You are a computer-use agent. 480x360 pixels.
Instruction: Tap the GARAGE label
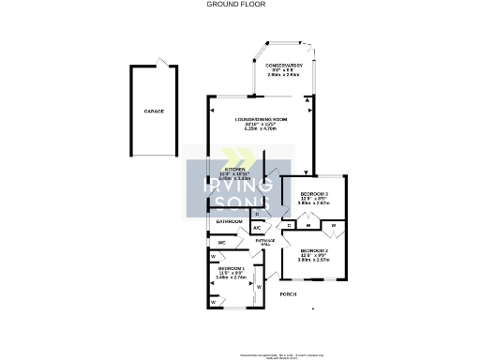(x=154, y=112)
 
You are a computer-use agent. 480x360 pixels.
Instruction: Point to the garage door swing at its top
(x=164, y=63)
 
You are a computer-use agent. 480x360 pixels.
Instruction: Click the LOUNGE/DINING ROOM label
(x=261, y=120)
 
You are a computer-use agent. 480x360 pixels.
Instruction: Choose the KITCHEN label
(x=232, y=169)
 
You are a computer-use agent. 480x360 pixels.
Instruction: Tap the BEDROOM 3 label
(x=312, y=190)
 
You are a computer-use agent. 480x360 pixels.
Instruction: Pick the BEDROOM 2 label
(x=314, y=250)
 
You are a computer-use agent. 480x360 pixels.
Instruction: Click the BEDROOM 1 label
(x=229, y=267)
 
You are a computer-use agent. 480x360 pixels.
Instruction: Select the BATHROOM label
(x=229, y=221)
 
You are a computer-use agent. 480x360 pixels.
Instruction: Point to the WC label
(x=222, y=242)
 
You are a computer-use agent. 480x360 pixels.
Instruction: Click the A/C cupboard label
(x=257, y=228)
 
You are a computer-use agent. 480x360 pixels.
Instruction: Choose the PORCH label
(x=289, y=294)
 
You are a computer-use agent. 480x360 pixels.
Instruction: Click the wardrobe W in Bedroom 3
(x=310, y=225)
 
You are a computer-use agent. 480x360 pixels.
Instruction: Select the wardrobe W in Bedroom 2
(x=333, y=226)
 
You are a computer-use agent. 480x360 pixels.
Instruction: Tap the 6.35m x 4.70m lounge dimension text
(x=261, y=130)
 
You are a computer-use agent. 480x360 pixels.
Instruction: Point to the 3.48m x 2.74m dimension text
(x=231, y=277)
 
